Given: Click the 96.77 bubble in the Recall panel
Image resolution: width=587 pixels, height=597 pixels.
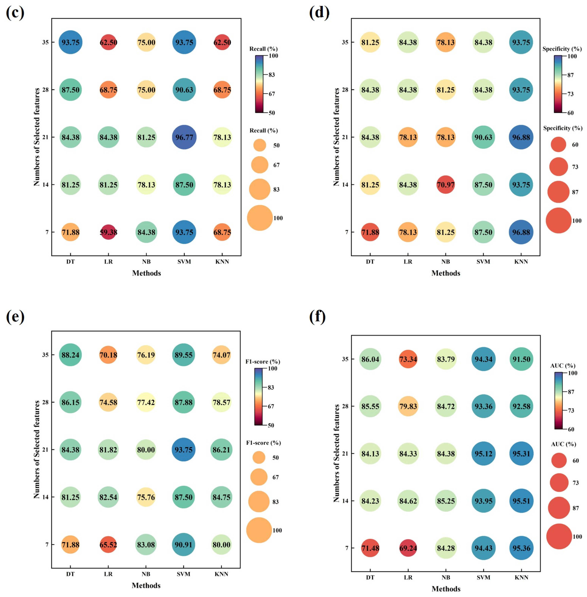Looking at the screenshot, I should pyautogui.click(x=184, y=137).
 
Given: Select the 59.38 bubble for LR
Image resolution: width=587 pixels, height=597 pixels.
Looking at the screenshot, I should pyautogui.click(x=108, y=232).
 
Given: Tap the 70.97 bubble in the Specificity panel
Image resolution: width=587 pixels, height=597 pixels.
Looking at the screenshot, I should pyautogui.click(x=446, y=185).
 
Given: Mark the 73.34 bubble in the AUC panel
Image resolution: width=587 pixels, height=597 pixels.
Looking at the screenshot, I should pyautogui.click(x=408, y=359).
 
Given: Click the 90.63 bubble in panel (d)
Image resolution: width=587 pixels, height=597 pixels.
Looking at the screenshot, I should pyautogui.click(x=483, y=137).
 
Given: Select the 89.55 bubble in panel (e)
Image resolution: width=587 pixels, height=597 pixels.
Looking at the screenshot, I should pyautogui.click(x=183, y=355).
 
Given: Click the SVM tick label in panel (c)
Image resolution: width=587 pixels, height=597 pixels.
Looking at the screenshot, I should pyautogui.click(x=184, y=262).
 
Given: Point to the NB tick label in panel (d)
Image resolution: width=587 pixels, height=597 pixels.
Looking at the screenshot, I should pyautogui.click(x=446, y=262).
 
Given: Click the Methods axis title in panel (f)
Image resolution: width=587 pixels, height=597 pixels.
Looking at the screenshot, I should pyautogui.click(x=446, y=589).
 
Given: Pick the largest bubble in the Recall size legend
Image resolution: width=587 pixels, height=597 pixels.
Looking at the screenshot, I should pyautogui.click(x=260, y=218).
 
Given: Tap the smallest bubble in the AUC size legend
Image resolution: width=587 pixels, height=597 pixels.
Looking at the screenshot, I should pyautogui.click(x=559, y=460).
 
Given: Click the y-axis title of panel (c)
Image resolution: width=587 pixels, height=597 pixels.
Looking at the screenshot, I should pyautogui.click(x=37, y=137).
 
